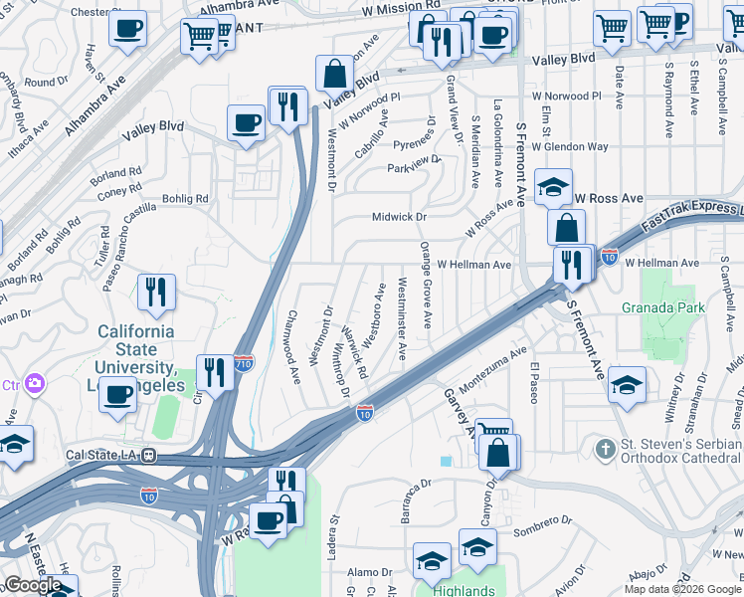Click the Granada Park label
[x=663, y=307]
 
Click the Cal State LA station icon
[x=148, y=456]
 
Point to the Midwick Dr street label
[x=398, y=217]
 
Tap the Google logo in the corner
[x=32, y=585]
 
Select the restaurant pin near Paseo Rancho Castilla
[x=156, y=292]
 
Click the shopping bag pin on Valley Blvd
[x=335, y=74]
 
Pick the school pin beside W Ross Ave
[x=553, y=186]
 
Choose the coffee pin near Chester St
[x=127, y=29]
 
